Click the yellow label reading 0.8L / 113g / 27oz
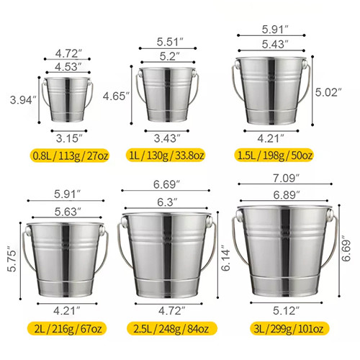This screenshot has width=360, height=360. click(x=70, y=156)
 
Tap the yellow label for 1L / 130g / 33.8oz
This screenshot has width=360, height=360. click(x=166, y=156)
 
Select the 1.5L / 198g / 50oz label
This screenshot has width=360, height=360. click(x=274, y=156)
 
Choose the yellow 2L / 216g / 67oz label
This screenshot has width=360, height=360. click(x=67, y=328)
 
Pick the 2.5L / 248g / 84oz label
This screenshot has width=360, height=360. click(x=172, y=328)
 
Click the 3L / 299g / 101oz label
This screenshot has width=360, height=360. click(x=289, y=328)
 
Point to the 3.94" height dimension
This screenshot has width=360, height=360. click(x=23, y=100)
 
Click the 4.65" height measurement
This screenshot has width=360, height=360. click(x=116, y=96)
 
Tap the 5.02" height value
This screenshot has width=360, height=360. click(x=328, y=92)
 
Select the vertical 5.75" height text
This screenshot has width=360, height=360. click(x=12, y=258)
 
